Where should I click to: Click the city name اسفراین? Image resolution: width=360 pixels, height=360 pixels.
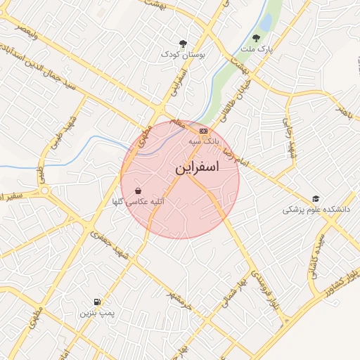[197, 169]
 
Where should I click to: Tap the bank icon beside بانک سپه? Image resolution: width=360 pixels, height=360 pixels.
[204, 131]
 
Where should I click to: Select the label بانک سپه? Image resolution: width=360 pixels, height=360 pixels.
[202, 141]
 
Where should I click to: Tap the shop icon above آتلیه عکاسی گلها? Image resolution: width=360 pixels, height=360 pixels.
[138, 191]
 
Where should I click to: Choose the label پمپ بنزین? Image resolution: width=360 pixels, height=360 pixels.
[96, 311]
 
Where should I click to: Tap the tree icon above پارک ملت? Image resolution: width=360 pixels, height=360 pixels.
[256, 39]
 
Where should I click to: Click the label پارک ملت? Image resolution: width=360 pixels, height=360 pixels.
[256, 50]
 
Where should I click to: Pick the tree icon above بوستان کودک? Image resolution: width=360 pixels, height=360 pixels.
[183, 43]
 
